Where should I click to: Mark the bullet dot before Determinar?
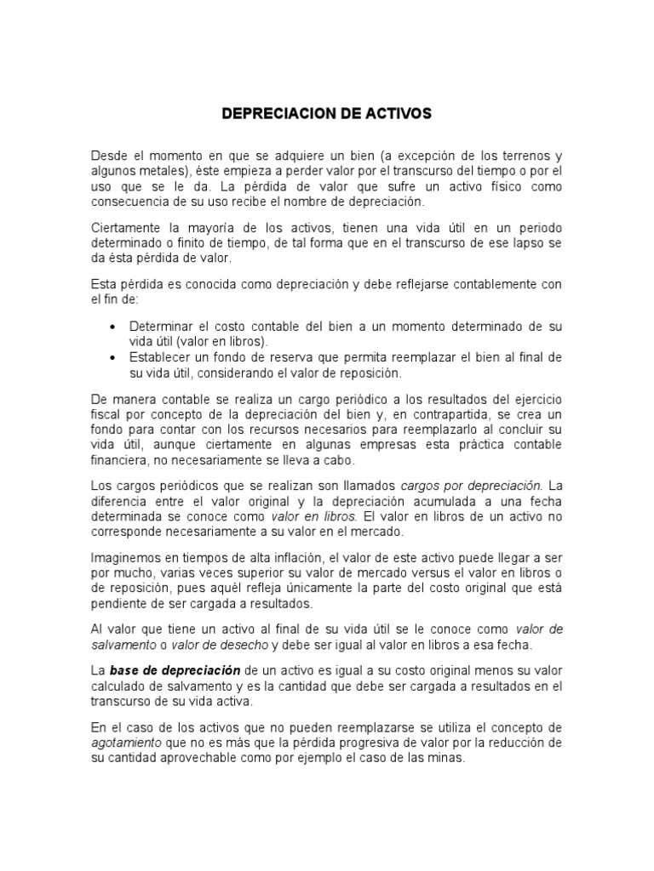point(114,327)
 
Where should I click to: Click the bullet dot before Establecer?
point(114,358)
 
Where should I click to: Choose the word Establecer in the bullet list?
point(162,358)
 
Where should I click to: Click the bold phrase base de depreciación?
point(175,670)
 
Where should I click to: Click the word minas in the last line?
point(446,758)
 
